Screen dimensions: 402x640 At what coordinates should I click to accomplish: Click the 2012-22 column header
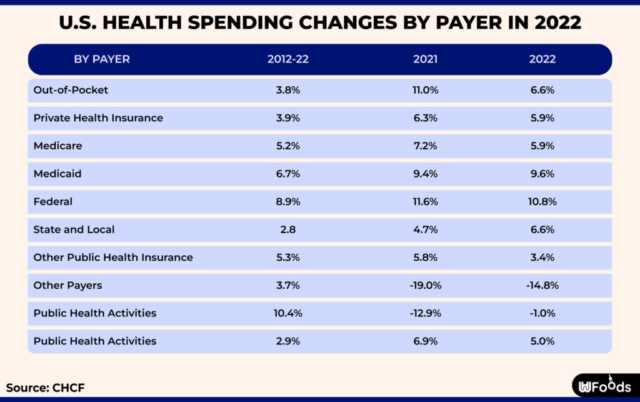coord(287,59)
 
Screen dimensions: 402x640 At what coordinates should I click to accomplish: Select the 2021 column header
coord(425,59)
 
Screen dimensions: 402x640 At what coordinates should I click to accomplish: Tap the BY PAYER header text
coord(102,59)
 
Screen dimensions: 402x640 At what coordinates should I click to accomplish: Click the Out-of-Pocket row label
coord(71,90)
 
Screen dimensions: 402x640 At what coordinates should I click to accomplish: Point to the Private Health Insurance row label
coord(98,118)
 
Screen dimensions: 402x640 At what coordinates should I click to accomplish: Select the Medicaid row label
coord(57,174)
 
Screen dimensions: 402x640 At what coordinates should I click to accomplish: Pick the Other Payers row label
coord(67,285)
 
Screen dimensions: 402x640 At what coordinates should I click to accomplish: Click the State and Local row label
coord(74,229)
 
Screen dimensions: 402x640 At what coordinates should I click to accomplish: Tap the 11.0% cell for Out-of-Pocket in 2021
coord(425,90)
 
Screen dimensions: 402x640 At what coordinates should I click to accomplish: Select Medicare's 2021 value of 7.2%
coord(425,146)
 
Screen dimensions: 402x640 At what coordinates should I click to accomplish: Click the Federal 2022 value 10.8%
coord(542,201)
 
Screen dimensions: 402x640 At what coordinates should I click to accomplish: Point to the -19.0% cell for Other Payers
coord(425,285)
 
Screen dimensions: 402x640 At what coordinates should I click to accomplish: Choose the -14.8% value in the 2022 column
coord(542,285)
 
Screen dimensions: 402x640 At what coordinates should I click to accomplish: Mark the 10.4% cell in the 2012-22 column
coord(287,313)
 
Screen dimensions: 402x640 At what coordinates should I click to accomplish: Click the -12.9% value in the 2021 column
coord(425,313)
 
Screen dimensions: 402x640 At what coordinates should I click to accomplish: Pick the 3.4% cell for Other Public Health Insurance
coord(542,257)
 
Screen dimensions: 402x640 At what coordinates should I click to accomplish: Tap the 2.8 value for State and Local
coord(287,229)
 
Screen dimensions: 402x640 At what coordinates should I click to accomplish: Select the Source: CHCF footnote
coord(45,388)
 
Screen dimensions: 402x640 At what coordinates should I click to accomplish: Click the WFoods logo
coord(604,386)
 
